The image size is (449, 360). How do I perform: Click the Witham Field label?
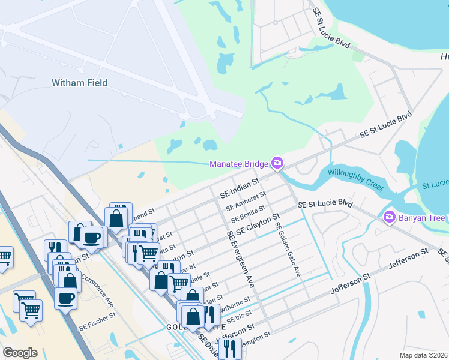coord(79,83)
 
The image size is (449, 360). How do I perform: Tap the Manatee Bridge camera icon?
coord(277,163)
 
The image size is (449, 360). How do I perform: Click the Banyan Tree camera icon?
coord(389,216)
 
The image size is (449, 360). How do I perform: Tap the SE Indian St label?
coord(239,187)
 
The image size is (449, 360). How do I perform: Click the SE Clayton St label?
coord(258,224)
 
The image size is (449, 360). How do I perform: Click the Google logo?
coord(20,353)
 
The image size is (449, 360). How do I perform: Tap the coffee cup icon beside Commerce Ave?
coord(65,298)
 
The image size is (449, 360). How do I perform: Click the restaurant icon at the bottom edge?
coord(230,348)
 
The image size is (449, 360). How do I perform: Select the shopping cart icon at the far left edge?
coord(5,257)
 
